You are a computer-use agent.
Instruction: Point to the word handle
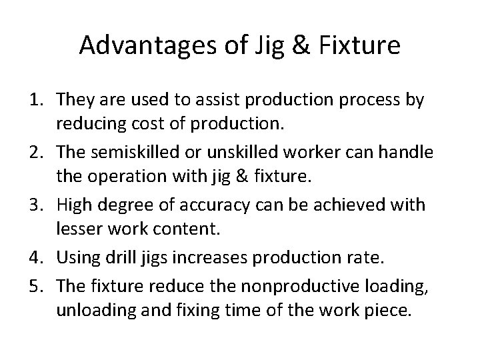tap(411, 151)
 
